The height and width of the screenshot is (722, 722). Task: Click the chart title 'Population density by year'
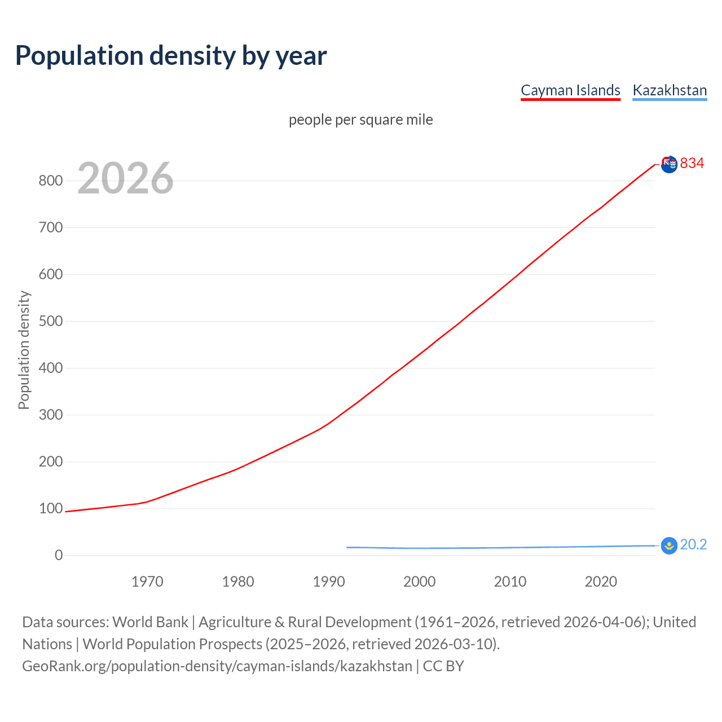(x=171, y=56)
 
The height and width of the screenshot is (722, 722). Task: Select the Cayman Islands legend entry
(x=570, y=90)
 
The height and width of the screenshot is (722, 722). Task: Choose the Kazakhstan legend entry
(x=670, y=90)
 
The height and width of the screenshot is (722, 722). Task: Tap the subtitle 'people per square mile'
(x=361, y=120)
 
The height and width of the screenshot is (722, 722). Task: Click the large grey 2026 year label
(x=125, y=178)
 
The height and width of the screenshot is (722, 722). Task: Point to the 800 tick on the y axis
(x=50, y=181)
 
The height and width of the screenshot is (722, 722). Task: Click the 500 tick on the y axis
(x=50, y=322)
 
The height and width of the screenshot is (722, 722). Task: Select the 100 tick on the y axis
(x=50, y=509)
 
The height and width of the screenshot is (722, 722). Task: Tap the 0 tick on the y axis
(x=59, y=556)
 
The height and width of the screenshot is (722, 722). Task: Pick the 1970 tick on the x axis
(x=147, y=582)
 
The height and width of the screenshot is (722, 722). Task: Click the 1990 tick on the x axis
(x=329, y=582)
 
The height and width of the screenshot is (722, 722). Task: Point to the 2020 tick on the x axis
(x=601, y=582)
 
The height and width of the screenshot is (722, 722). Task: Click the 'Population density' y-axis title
(x=24, y=350)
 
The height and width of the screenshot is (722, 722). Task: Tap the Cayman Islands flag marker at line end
(x=669, y=164)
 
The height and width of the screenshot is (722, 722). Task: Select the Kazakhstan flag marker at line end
(x=669, y=545)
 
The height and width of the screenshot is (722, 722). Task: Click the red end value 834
(x=692, y=164)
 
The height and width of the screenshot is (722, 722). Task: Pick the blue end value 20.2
(x=693, y=545)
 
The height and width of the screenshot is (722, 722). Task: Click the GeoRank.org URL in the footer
(x=217, y=666)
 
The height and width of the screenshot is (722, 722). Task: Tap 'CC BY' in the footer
(x=443, y=666)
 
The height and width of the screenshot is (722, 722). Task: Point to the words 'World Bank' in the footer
(x=150, y=622)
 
